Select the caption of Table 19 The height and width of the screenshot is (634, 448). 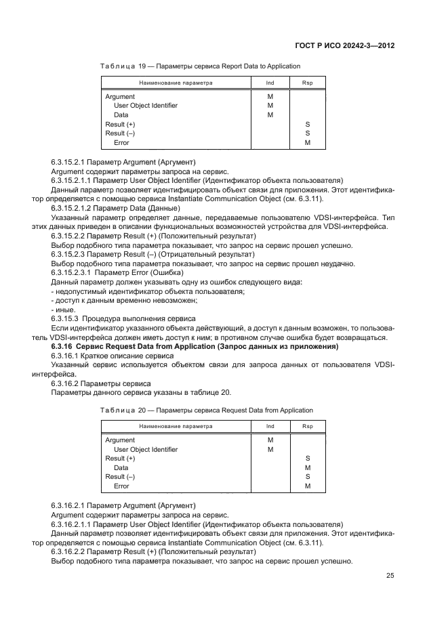(x=200, y=66)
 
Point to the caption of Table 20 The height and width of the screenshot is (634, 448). (x=206, y=410)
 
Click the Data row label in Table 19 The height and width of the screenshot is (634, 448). (x=121, y=115)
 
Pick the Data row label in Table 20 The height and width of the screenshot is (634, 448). (x=121, y=467)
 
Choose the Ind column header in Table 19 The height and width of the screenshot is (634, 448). (x=270, y=83)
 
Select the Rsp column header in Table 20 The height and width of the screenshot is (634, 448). (x=307, y=426)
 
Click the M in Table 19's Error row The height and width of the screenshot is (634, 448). (x=307, y=143)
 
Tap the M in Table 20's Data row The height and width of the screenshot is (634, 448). (x=307, y=467)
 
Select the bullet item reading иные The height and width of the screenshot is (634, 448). (x=61, y=309)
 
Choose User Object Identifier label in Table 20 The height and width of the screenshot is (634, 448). (x=146, y=449)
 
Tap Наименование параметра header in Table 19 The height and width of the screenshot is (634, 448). (x=176, y=83)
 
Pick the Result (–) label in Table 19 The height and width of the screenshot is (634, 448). (x=120, y=134)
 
